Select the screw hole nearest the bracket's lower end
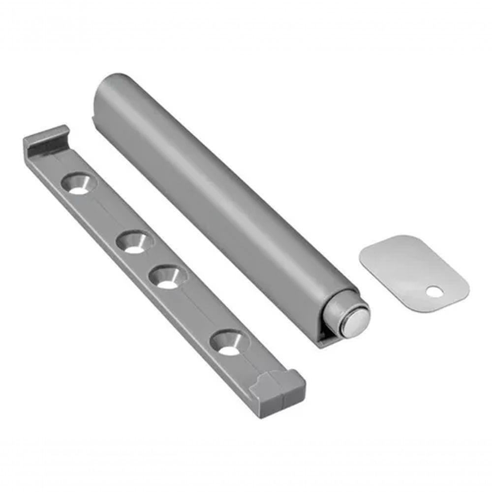227,343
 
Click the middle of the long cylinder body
221,197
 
